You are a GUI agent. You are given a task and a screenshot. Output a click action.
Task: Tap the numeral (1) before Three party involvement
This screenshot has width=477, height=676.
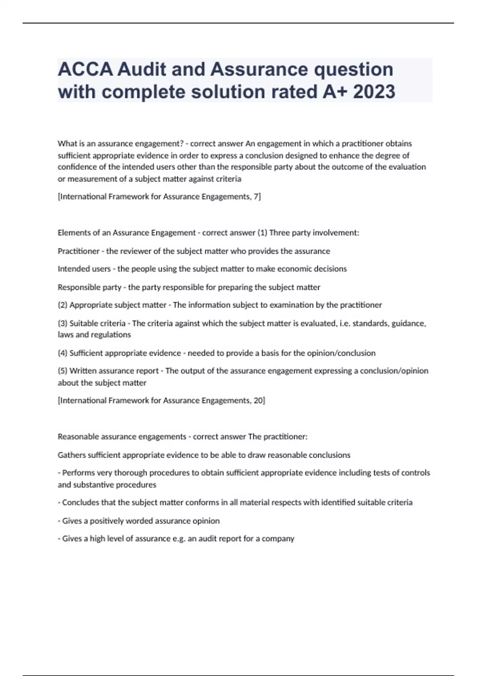tap(262, 233)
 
